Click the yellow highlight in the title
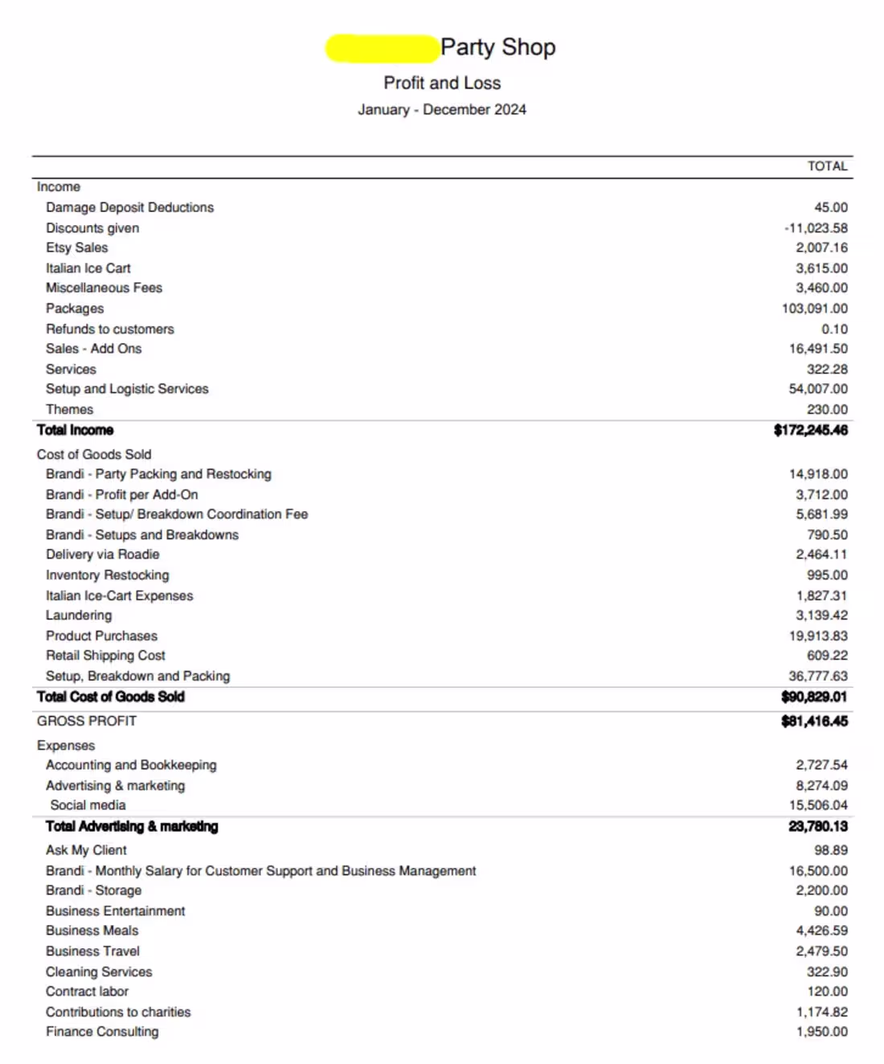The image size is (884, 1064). [382, 48]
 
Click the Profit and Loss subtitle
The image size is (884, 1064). [442, 83]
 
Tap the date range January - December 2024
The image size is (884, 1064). [442, 109]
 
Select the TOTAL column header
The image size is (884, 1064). [827, 166]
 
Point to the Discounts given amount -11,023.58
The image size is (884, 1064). [816, 228]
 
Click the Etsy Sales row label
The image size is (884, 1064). [76, 248]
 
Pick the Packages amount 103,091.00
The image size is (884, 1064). [814, 309]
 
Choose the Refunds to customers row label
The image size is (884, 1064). [109, 329]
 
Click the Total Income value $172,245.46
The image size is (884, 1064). [810, 430]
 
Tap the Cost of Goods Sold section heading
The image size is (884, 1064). [93, 454]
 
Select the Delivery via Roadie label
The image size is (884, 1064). [102, 555]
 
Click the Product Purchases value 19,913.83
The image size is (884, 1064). [818, 636]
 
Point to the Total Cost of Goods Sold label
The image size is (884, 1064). [110, 697]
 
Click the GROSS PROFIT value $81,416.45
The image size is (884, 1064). [814, 721]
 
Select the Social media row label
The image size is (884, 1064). [88, 805]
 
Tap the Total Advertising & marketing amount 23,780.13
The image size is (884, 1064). [817, 826]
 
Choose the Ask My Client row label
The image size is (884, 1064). [86, 850]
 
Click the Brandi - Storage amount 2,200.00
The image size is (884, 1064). [821, 890]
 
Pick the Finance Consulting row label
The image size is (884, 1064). [102, 1032]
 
